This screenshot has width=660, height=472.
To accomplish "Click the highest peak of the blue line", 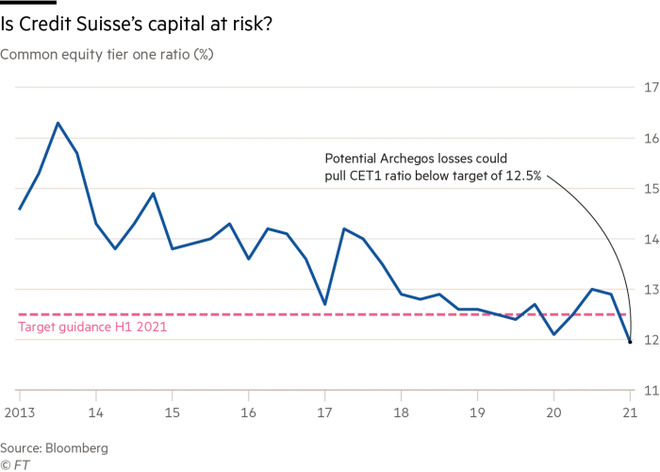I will [x=59, y=124].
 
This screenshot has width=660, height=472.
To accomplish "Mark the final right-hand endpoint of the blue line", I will [x=630, y=336].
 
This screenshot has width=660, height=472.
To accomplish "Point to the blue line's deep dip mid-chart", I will [x=324, y=302].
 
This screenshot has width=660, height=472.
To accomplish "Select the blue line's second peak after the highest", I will [x=154, y=193].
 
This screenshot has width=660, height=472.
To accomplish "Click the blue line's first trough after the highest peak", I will [x=116, y=247].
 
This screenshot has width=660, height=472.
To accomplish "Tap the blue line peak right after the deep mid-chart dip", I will [x=345, y=229].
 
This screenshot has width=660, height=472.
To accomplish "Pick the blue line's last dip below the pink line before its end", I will [x=554, y=334].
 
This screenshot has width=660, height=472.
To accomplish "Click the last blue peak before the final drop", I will [x=594, y=289].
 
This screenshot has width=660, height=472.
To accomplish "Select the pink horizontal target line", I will [x=283, y=313].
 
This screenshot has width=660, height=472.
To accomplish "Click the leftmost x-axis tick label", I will [x=16, y=412].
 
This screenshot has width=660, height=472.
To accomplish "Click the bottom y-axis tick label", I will [x=649, y=388].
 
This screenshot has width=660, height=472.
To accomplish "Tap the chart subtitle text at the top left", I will [x=108, y=53].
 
